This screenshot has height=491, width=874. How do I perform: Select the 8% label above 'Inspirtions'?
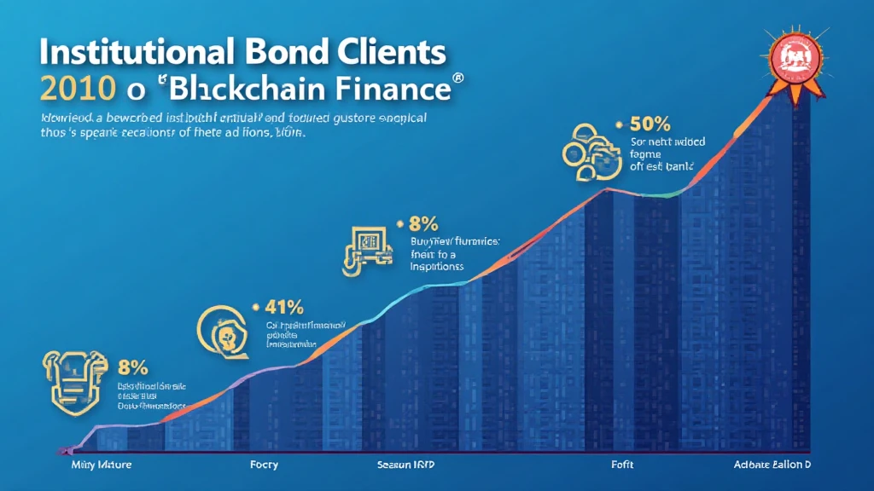[423, 225]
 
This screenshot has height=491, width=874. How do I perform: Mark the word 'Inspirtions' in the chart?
[435, 266]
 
